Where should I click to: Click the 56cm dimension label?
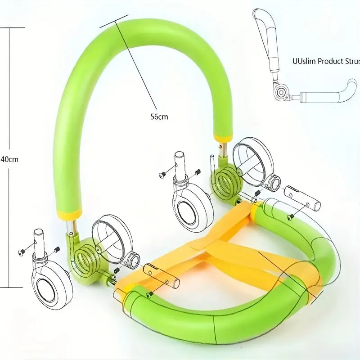[159, 117]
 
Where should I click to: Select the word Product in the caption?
[331, 62]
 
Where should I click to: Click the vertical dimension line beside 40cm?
[10, 90]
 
